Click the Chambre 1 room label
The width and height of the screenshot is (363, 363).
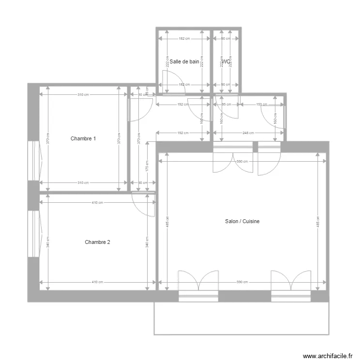83,138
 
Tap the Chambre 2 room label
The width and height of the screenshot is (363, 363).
97,242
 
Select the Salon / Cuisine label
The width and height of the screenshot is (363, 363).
242,221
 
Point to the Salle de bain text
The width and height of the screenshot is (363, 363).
184,61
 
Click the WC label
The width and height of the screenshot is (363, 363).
226,61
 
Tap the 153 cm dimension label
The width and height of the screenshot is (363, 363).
261,104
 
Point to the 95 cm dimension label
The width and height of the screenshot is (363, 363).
225,104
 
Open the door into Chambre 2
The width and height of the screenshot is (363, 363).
143,203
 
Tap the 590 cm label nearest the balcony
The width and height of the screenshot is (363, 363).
242,282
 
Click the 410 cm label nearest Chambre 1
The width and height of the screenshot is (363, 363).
97,203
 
